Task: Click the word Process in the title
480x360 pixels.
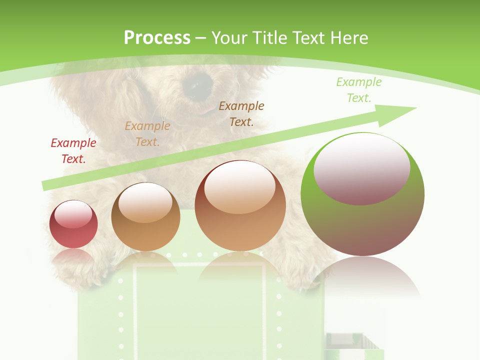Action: pos(157,37)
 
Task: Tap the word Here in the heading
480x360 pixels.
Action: pos(348,37)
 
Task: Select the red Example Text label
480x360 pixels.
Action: pos(73,151)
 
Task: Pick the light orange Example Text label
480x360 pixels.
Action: pos(147,134)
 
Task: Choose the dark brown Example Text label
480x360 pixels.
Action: pos(241,114)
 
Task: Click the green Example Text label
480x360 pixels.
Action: pos(359,90)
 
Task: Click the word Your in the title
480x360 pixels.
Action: pos(230,37)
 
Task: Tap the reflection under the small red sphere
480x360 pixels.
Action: pos(73,255)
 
